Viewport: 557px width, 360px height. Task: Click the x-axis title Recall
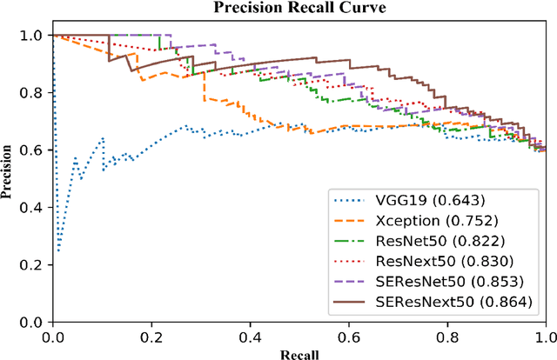click(299, 354)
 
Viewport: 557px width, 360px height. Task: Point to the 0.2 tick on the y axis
click(37, 264)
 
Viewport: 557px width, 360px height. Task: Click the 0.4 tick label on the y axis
click(37, 207)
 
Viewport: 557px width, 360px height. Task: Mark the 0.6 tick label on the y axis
click(37, 150)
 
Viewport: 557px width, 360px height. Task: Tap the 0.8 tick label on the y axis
click(37, 93)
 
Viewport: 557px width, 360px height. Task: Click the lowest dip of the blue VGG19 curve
click(58, 250)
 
